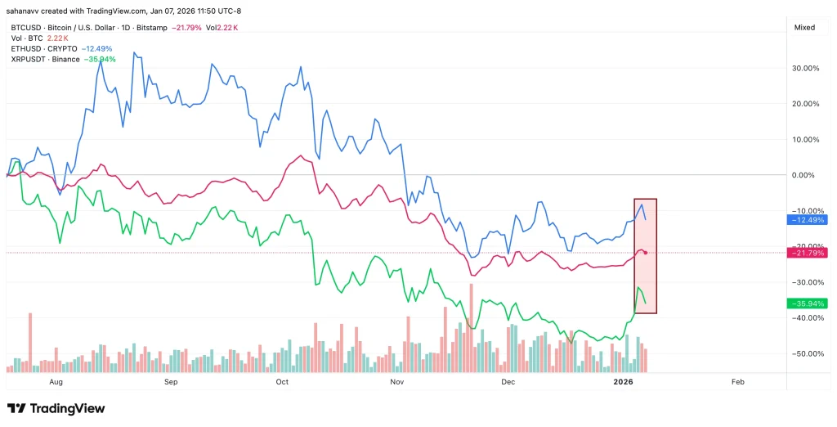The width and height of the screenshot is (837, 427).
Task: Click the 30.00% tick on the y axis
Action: (806, 68)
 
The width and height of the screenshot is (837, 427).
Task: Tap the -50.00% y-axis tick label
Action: (806, 353)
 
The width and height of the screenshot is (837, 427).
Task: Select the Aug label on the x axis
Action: (56, 382)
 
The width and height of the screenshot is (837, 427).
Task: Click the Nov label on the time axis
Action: (397, 382)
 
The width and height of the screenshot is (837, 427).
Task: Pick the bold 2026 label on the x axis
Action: (623, 382)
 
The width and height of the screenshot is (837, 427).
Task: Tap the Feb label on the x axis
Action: (736, 382)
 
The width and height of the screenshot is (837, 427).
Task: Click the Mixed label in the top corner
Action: (804, 27)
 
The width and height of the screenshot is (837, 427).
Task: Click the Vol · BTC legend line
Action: (25, 38)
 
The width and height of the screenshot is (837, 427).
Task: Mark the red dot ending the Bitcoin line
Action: (646, 253)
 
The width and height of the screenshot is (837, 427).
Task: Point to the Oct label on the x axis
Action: (282, 382)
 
